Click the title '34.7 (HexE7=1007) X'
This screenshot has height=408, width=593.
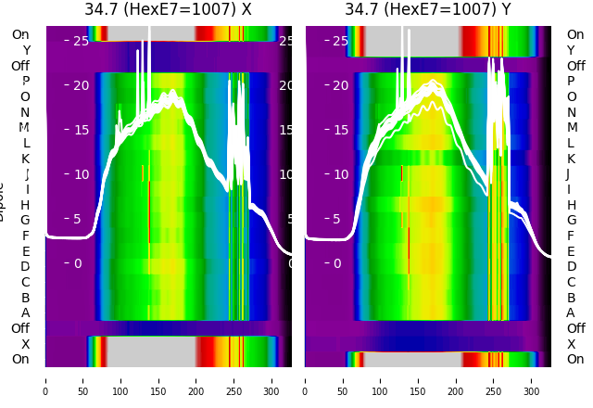pyautogui.click(x=168, y=10)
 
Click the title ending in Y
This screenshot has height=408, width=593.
pyautogui.click(x=427, y=10)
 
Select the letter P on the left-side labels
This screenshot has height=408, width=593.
pyautogui.click(x=25, y=82)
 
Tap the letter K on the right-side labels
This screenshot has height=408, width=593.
pyautogui.click(x=571, y=159)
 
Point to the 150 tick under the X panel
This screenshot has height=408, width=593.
pyautogui.click(x=158, y=379)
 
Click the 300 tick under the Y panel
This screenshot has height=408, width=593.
pyautogui.click(x=531, y=379)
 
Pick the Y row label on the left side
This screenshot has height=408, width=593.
pyautogui.click(x=26, y=50)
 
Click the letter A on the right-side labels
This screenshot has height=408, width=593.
pyautogui.click(x=571, y=313)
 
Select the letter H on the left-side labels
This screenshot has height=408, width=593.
pyautogui.click(x=25, y=205)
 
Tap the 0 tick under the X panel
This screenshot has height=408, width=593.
pyautogui.click(x=45, y=379)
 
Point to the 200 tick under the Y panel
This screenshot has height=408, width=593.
pyautogui.click(x=456, y=379)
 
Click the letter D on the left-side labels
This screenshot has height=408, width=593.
pyautogui.click(x=25, y=267)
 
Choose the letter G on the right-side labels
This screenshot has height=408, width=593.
pyautogui.click(x=571, y=221)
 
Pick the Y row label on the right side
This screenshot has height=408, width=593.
pyautogui.click(x=571, y=50)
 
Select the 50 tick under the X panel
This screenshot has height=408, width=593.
pyautogui.click(x=82, y=379)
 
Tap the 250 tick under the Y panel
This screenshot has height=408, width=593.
pyautogui.click(x=493, y=379)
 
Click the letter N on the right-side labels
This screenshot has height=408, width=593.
pyautogui.click(x=571, y=112)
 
